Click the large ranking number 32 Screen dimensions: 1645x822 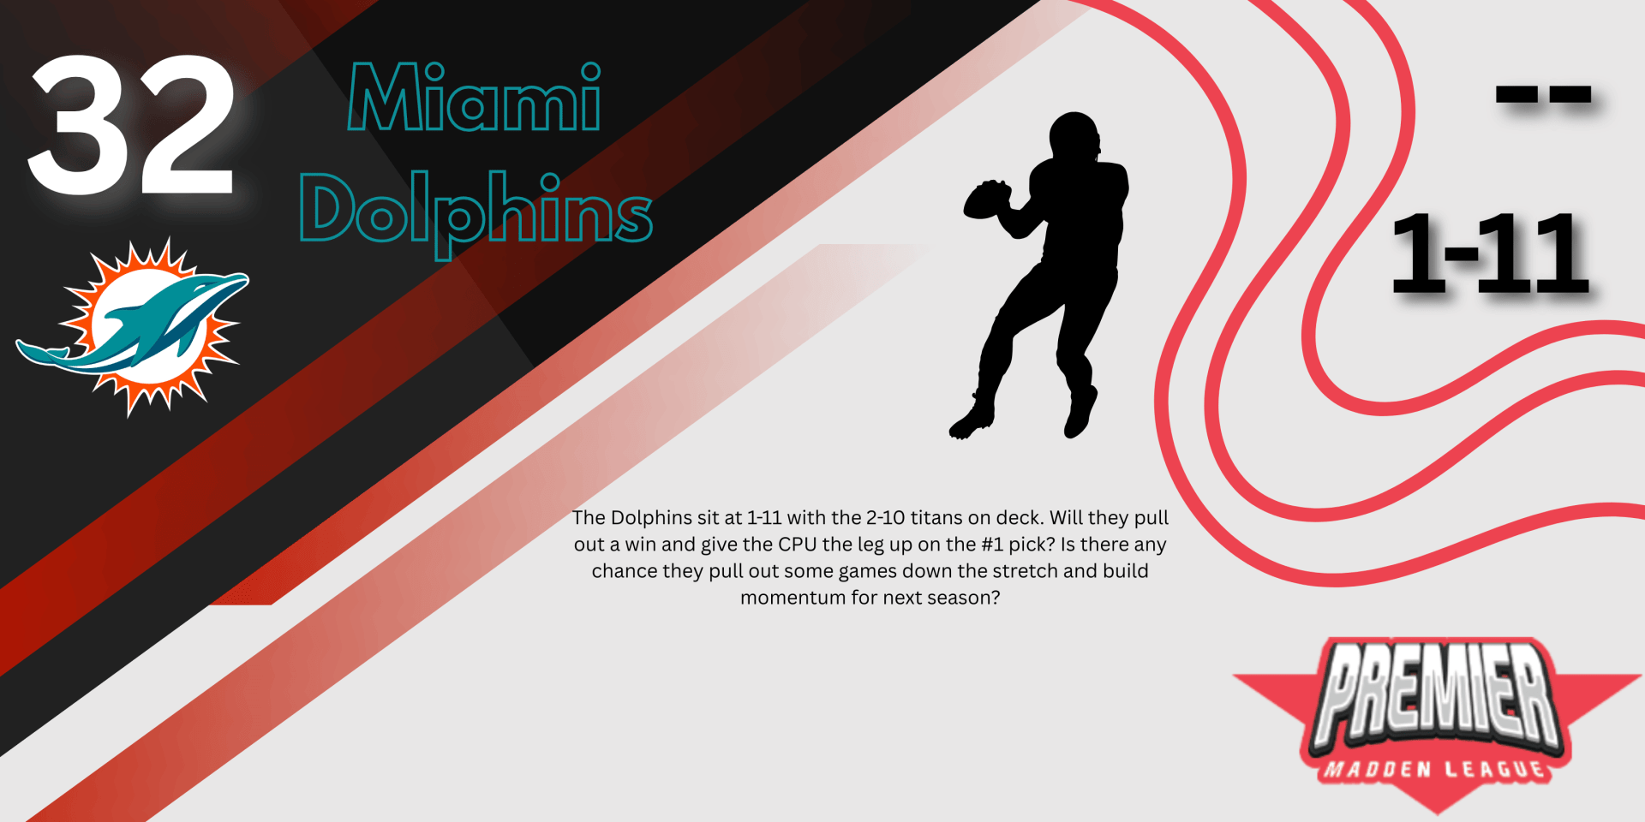[x=131, y=124]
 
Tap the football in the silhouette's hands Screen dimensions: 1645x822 [x=987, y=200]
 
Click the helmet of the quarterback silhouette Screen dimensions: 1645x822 [x=1074, y=137]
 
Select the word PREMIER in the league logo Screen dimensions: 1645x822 [x=1438, y=694]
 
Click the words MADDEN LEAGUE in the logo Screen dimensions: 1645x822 [x=1435, y=769]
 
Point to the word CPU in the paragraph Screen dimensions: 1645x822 [x=798, y=545]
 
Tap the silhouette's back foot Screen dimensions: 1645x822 [x=1080, y=413]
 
